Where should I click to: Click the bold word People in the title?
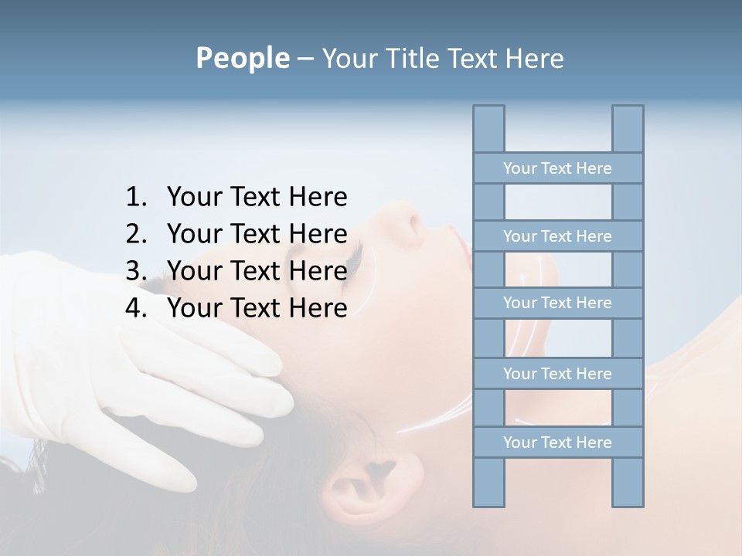point(242,58)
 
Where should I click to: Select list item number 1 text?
point(257,197)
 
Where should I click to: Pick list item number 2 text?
point(257,234)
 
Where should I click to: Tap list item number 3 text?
point(257,271)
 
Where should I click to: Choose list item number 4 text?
point(257,308)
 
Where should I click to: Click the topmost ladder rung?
point(557,168)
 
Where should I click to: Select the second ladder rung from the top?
point(557,236)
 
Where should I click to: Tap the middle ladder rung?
point(557,303)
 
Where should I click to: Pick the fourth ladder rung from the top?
point(557,374)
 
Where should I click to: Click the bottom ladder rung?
point(557,442)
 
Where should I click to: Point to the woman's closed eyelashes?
point(352,255)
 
